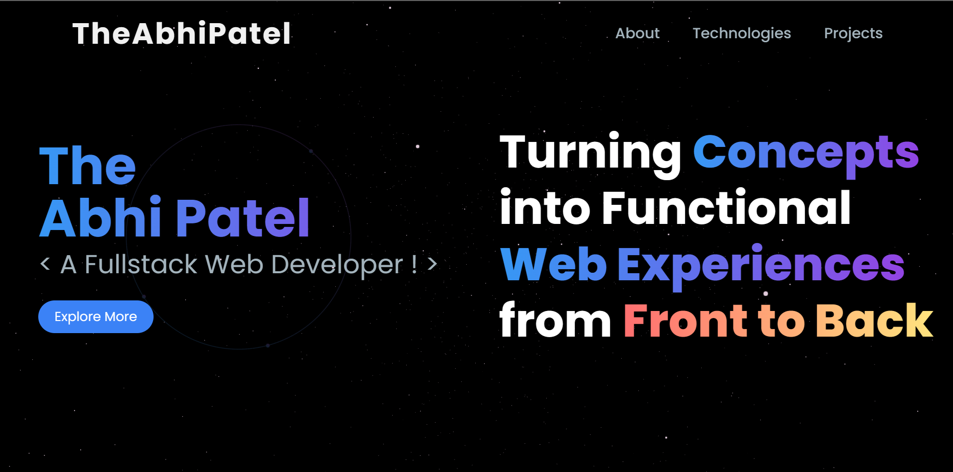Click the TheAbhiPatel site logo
[x=182, y=34]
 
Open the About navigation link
[x=637, y=33]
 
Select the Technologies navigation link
[x=742, y=34]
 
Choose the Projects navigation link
[x=853, y=34]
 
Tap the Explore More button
[x=96, y=317]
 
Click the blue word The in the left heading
[x=88, y=166]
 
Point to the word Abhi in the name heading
[x=101, y=217]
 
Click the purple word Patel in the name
[x=243, y=217]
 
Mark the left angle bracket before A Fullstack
[x=45, y=264]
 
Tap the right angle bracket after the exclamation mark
[x=432, y=264]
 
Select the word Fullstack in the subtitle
[x=141, y=264]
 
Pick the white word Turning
[x=591, y=152]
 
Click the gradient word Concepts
[x=806, y=152]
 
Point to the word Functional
[x=726, y=207]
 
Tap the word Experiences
[x=761, y=265]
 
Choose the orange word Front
[x=686, y=321]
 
